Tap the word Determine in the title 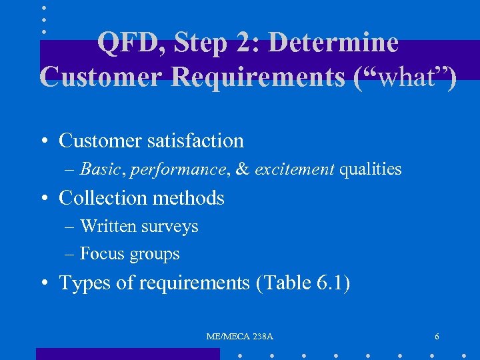(x=333, y=43)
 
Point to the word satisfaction (x=199, y=141)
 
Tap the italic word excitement (x=294, y=169)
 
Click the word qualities (x=371, y=169)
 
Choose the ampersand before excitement (x=243, y=169)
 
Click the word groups (x=155, y=255)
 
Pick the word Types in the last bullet (x=83, y=283)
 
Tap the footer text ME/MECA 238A (x=240, y=337)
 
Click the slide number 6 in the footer (x=437, y=337)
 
